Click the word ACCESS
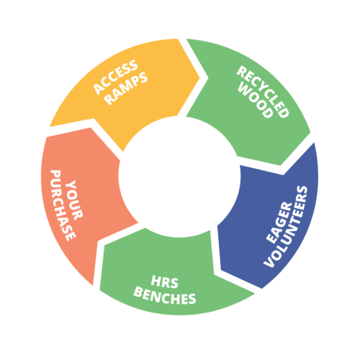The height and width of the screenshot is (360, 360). pyautogui.click(x=116, y=77)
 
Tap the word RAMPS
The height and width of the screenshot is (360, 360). pyautogui.click(x=127, y=89)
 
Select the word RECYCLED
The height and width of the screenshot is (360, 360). pyautogui.click(x=263, y=91)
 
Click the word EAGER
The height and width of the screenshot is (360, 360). pyautogui.click(x=279, y=222)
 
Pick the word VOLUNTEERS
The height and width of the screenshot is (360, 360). pyautogui.click(x=286, y=226)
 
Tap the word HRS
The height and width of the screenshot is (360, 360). pyautogui.click(x=165, y=282)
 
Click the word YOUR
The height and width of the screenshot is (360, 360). pyautogui.click(x=74, y=200)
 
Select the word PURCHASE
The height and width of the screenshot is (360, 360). pyautogui.click(x=63, y=205)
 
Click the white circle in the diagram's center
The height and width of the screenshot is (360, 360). pyautogui.click(x=179, y=177)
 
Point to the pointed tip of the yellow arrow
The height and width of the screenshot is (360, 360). pyautogui.click(x=200, y=77)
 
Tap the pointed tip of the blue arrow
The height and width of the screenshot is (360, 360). pyautogui.click(x=221, y=271)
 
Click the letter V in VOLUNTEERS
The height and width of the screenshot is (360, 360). pyautogui.click(x=269, y=264)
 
